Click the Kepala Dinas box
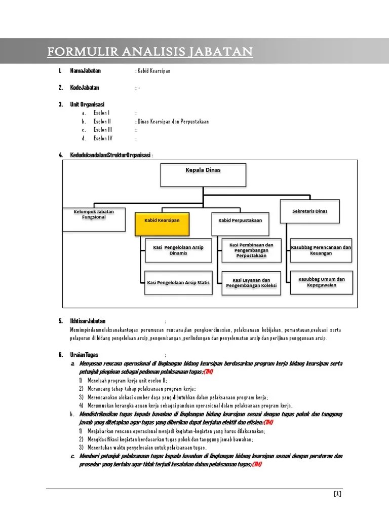coord(203,175)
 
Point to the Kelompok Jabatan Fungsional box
coord(94,218)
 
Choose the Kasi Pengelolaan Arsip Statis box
coord(178,283)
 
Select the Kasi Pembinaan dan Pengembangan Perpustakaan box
coord(251,250)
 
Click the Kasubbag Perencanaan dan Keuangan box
coord(321,250)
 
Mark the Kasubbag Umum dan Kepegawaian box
coord(321,282)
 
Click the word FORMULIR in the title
coord(76,52)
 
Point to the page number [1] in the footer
coord(337,494)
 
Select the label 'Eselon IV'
coord(103,138)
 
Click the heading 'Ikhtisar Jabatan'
coord(88,321)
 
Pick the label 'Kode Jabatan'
coord(85,88)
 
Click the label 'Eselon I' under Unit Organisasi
coord(101,113)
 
